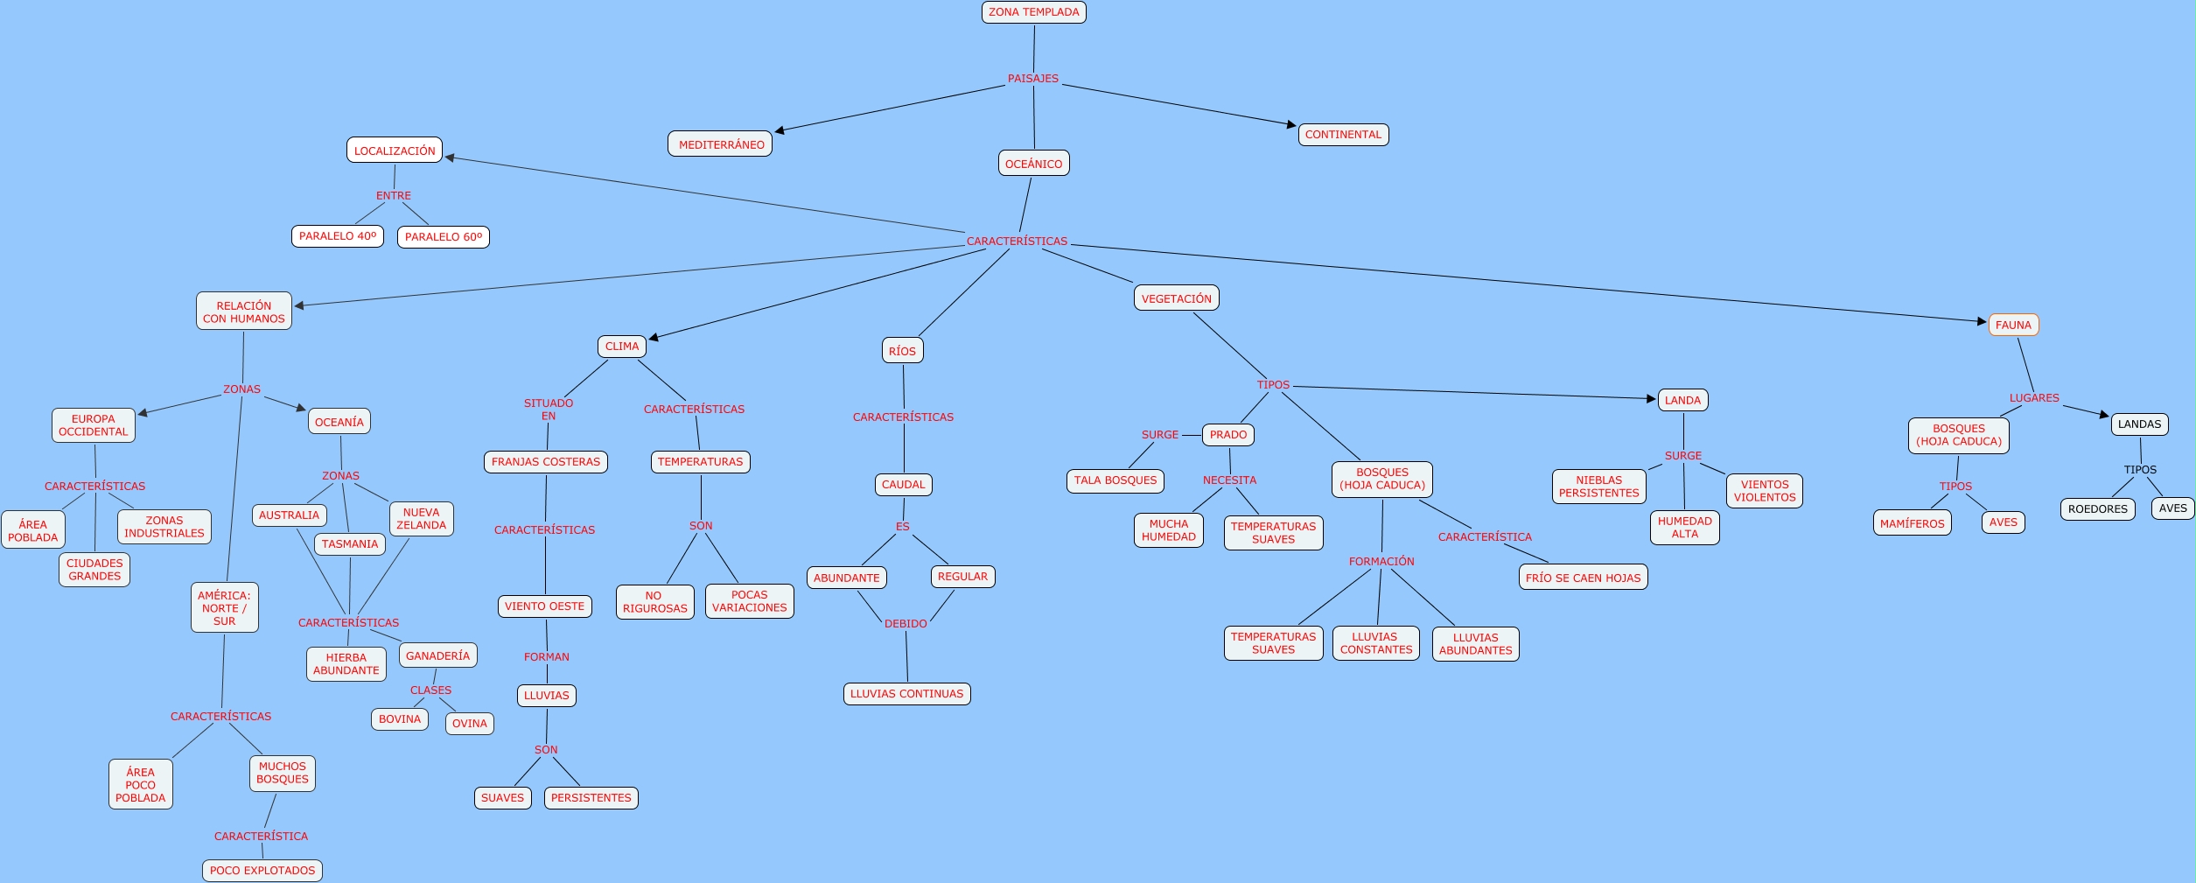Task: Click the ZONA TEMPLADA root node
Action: point(1033,12)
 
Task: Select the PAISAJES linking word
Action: point(1032,79)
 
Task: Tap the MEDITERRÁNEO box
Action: point(720,144)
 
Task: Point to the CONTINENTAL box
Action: point(1343,135)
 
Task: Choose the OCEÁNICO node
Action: point(1033,164)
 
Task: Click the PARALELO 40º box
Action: point(338,236)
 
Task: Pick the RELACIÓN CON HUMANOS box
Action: point(243,312)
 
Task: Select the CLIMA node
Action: point(622,347)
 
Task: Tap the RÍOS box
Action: point(902,351)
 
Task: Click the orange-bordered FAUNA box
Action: point(2013,325)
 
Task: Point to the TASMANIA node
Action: point(349,544)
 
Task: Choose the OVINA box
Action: point(469,724)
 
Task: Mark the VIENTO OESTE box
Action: point(544,606)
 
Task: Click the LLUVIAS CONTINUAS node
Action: point(906,694)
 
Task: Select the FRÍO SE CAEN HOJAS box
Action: point(1583,578)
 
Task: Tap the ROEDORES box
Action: point(2097,509)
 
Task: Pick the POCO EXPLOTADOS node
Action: point(262,871)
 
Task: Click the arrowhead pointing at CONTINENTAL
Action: point(1291,124)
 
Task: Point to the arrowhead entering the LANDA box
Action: point(1651,399)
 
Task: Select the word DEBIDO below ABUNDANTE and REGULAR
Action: point(905,624)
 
